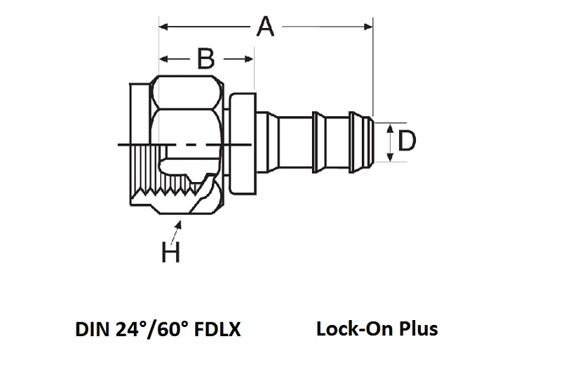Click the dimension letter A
(265, 27)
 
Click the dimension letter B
(205, 59)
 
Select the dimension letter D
(407, 141)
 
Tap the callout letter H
(170, 251)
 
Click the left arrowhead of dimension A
(163, 27)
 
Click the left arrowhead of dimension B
(163, 59)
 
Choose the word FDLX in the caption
(217, 328)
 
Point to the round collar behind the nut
(242, 144)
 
